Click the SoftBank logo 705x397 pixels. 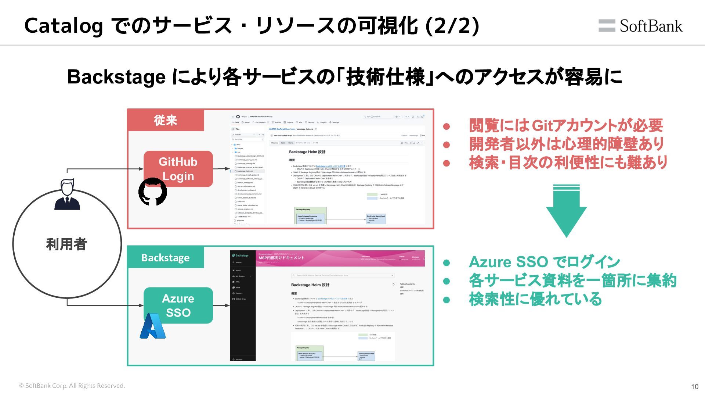[x=640, y=26]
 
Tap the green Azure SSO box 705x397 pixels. [x=178, y=305]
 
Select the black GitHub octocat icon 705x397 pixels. [x=152, y=192]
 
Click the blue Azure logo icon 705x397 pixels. [x=153, y=326]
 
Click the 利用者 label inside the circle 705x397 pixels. [x=66, y=244]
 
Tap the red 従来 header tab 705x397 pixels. [x=166, y=120]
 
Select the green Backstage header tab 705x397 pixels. [x=166, y=258]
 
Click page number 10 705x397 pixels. [x=694, y=386]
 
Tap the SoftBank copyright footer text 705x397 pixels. [x=72, y=386]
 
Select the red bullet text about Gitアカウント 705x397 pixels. [x=566, y=126]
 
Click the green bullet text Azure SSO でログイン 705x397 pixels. [x=544, y=262]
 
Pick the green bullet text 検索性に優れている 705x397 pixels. [x=535, y=299]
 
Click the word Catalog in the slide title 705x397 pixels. [x=63, y=26]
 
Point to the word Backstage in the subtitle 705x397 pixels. [x=116, y=77]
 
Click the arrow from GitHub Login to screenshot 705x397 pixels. [x=221, y=169]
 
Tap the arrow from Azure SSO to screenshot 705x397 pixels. [x=221, y=305]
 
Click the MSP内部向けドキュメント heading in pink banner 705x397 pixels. [x=282, y=258]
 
